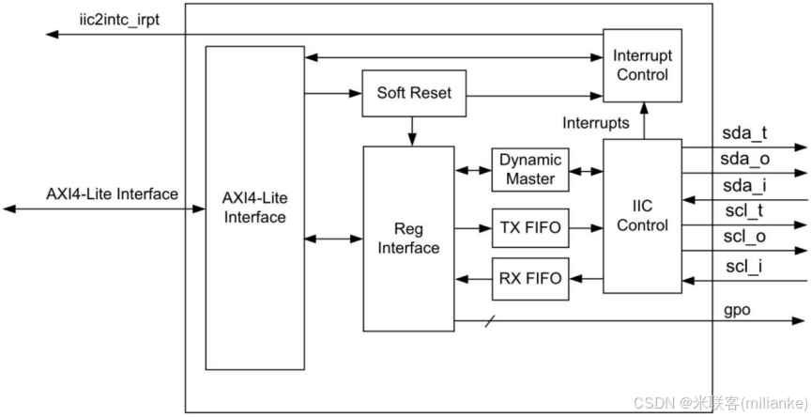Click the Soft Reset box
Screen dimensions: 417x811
tap(414, 93)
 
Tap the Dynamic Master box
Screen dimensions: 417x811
tap(529, 170)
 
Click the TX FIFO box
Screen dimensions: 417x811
tap(529, 227)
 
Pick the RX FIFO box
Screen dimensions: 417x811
tap(529, 278)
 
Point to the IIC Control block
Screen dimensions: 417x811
tap(642, 215)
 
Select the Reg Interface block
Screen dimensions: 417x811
tap(408, 238)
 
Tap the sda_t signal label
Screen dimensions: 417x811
tap(744, 132)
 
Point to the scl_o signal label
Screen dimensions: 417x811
tap(744, 238)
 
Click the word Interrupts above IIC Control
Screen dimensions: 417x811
tap(596, 123)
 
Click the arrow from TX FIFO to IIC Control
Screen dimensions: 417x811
tap(586, 227)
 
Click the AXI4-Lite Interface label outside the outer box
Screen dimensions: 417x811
tap(112, 194)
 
